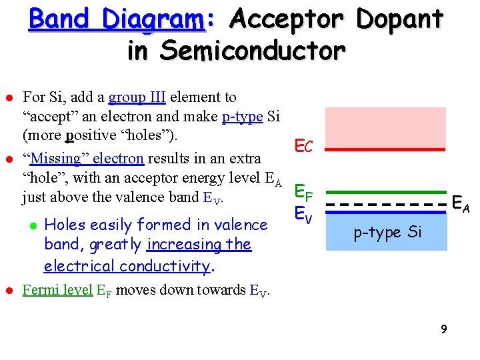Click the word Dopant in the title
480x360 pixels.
(x=399, y=19)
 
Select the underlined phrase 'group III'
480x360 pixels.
(x=137, y=97)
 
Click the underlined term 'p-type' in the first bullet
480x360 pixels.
(x=242, y=117)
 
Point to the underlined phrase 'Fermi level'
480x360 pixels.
(x=57, y=290)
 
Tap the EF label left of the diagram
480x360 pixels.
(x=304, y=194)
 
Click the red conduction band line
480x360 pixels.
(x=385, y=149)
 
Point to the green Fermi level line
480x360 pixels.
(x=385, y=192)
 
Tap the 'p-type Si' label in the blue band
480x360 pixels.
(x=387, y=232)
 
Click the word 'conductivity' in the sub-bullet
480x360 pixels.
(x=163, y=266)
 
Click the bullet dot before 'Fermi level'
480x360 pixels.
(x=9, y=291)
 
